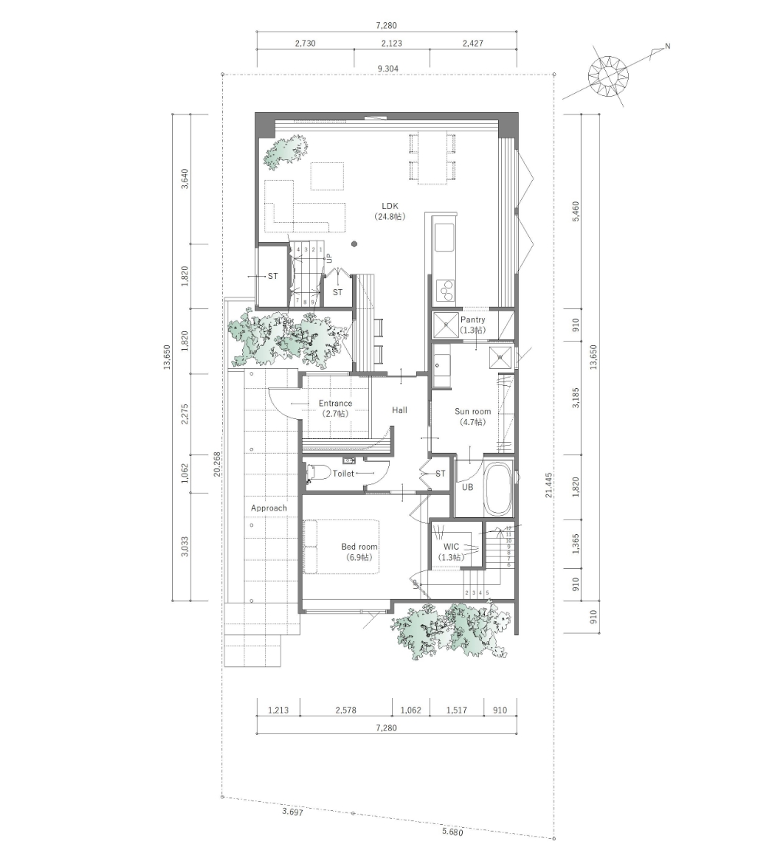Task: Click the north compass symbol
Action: point(608,75)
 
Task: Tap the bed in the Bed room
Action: point(342,547)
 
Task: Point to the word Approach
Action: point(268,508)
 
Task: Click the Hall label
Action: point(399,411)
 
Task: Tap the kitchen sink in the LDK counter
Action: point(446,238)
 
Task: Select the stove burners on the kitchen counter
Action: point(445,289)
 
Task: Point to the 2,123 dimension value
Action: point(391,44)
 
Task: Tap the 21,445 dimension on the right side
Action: point(548,484)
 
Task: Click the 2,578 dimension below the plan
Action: point(346,710)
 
